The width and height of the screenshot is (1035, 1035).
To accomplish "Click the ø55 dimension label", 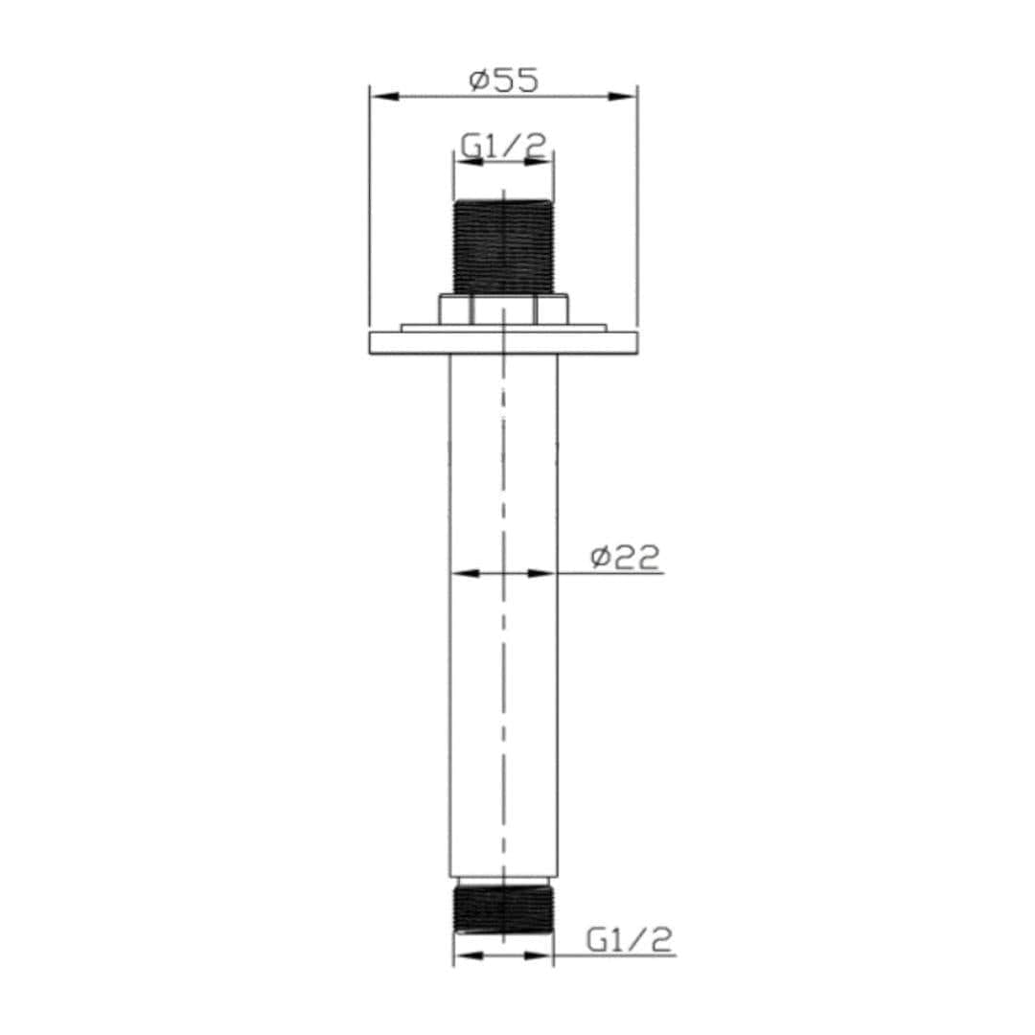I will point(504,80).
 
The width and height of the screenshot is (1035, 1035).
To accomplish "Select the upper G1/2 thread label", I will point(503,147).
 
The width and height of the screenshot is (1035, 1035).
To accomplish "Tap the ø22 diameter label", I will point(626,558).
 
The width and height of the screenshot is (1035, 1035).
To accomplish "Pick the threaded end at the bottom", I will point(503,909).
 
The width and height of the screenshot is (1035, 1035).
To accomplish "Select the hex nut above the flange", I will point(503,310).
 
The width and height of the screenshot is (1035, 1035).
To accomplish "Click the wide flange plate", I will point(503,342).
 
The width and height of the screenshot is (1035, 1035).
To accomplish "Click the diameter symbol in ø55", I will point(480,80).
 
